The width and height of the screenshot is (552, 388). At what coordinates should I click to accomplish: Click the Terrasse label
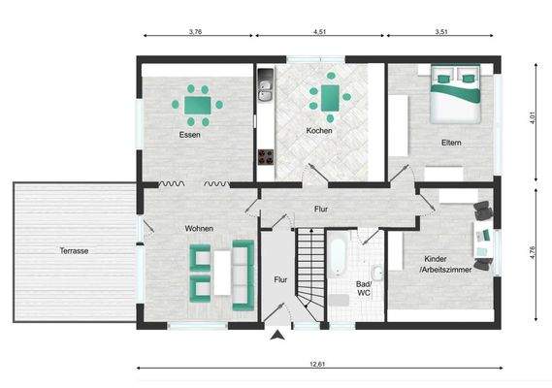[x=73, y=250]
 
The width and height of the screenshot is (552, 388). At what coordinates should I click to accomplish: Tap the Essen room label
[x=190, y=134]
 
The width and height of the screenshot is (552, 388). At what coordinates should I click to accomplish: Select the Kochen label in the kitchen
[x=319, y=130]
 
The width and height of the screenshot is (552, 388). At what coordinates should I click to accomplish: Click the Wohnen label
[x=199, y=228]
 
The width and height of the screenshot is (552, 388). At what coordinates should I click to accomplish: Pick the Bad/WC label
[x=364, y=286]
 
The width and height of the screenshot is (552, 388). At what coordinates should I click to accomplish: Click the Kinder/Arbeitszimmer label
[x=447, y=264]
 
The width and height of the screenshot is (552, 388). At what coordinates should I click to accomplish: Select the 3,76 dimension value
[x=194, y=31]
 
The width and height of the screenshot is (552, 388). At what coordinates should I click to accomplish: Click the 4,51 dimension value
[x=319, y=31]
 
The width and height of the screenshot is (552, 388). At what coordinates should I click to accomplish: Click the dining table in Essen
[x=198, y=101]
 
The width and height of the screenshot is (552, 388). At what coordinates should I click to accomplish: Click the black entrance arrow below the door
[x=279, y=337]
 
